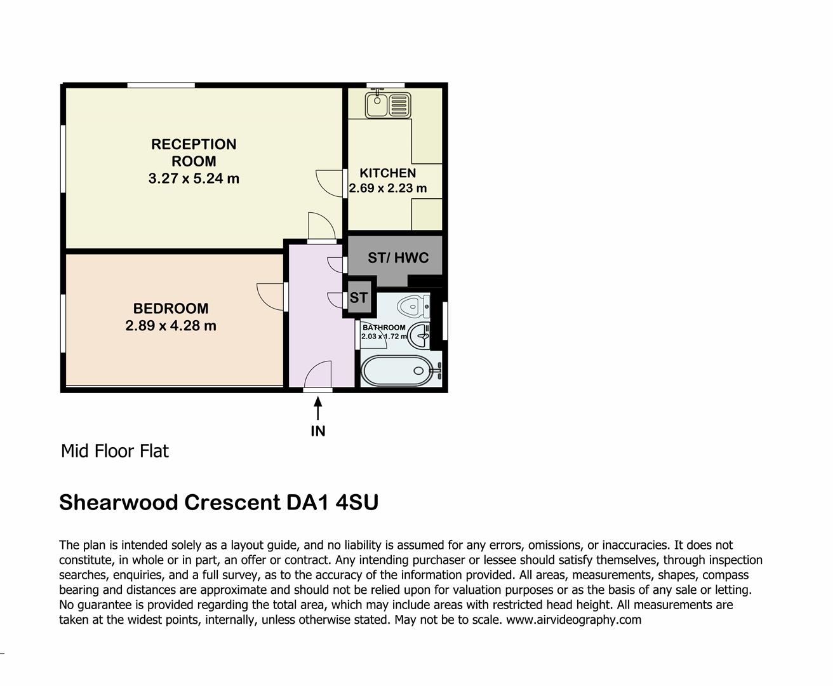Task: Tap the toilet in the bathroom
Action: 414,307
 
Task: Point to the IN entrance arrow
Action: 317,407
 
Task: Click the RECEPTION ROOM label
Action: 194,152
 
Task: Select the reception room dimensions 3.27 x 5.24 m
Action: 194,178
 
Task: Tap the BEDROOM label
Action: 171,309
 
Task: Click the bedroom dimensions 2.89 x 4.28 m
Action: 171,326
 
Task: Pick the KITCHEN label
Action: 388,173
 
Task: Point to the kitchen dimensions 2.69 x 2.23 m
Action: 388,188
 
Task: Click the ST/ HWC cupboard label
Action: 398,258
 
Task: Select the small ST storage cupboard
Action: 359,297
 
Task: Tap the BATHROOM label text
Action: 384,328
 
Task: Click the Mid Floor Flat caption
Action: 115,452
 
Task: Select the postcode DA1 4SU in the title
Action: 332,502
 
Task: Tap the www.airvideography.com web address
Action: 573,619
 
